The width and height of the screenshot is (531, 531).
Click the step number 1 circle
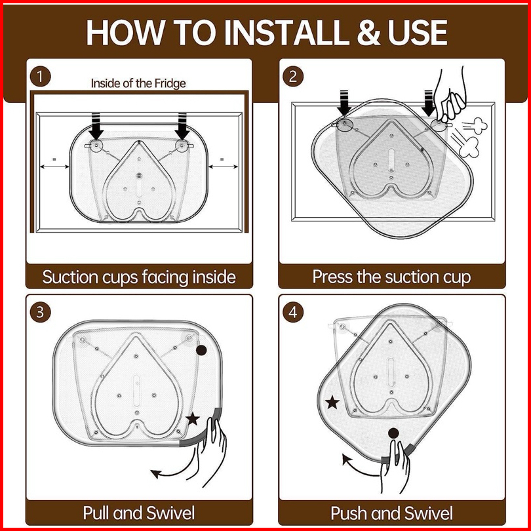[x=40, y=76]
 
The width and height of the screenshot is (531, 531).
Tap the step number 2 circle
[x=293, y=76]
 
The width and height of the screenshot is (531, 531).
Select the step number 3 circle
[x=40, y=312]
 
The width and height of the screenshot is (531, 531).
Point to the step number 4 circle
[x=293, y=312]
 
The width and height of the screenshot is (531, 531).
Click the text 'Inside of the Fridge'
[x=138, y=83]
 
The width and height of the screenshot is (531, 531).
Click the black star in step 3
[x=193, y=418]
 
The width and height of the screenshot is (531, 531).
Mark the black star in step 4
[x=333, y=402]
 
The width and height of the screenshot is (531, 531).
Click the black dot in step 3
[x=202, y=351]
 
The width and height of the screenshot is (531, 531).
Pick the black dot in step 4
[x=393, y=433]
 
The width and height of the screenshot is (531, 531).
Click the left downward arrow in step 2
[x=344, y=102]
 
